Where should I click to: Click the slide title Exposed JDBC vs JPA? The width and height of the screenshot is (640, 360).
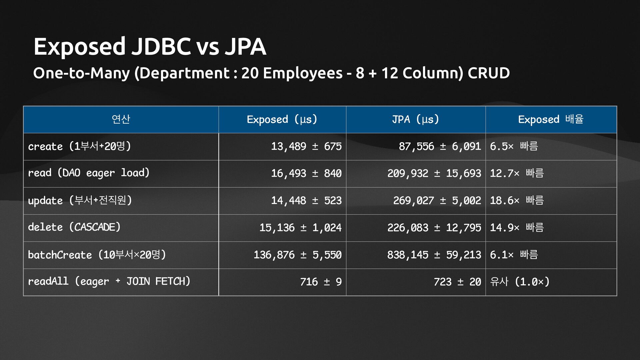(150, 46)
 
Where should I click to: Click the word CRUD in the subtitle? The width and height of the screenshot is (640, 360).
(488, 73)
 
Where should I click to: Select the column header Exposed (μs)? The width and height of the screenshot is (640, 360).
(282, 119)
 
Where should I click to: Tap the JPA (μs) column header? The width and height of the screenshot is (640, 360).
(415, 119)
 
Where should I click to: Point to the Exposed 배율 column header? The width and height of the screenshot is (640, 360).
(551, 119)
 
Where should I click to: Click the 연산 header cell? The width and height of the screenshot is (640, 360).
(121, 119)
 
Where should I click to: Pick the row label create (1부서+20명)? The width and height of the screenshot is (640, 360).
(79, 146)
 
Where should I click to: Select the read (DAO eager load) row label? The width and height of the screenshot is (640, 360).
(89, 173)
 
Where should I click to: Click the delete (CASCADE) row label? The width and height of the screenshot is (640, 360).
(74, 227)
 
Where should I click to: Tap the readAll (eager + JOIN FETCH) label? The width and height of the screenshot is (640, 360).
(109, 282)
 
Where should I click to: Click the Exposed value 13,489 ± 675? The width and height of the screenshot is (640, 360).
(306, 146)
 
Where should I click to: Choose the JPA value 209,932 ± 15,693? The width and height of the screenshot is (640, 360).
(434, 173)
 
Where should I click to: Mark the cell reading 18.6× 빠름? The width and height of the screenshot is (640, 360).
(517, 200)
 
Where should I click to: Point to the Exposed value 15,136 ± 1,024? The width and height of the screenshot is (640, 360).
(300, 228)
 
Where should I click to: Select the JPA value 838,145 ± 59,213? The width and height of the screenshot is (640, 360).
(434, 255)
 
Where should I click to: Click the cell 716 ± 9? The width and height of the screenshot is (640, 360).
(321, 282)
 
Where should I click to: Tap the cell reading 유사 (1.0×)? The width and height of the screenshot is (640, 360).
(519, 282)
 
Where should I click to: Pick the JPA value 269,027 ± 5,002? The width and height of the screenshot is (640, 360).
(437, 200)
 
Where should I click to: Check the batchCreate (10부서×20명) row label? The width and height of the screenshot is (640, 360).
(97, 255)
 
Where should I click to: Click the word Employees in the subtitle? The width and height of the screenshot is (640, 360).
(303, 73)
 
